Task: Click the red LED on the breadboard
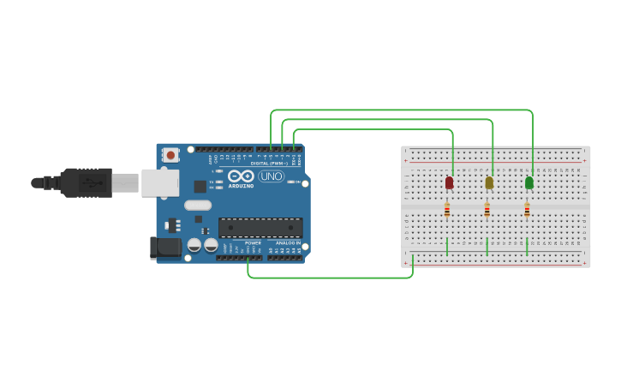449,182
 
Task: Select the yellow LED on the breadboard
489,182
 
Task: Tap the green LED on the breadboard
529,182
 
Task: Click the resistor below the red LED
447,210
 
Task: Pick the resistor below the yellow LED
487,210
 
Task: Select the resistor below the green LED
527,210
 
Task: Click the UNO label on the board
271,176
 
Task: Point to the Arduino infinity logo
241,176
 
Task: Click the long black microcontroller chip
260,227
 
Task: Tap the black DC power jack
164,248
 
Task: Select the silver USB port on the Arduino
159,182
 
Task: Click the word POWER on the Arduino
254,242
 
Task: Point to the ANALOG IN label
288,242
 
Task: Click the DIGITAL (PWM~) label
269,163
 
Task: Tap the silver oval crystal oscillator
198,205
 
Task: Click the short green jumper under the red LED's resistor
447,246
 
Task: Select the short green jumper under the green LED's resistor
527,246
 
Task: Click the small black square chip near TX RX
200,186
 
